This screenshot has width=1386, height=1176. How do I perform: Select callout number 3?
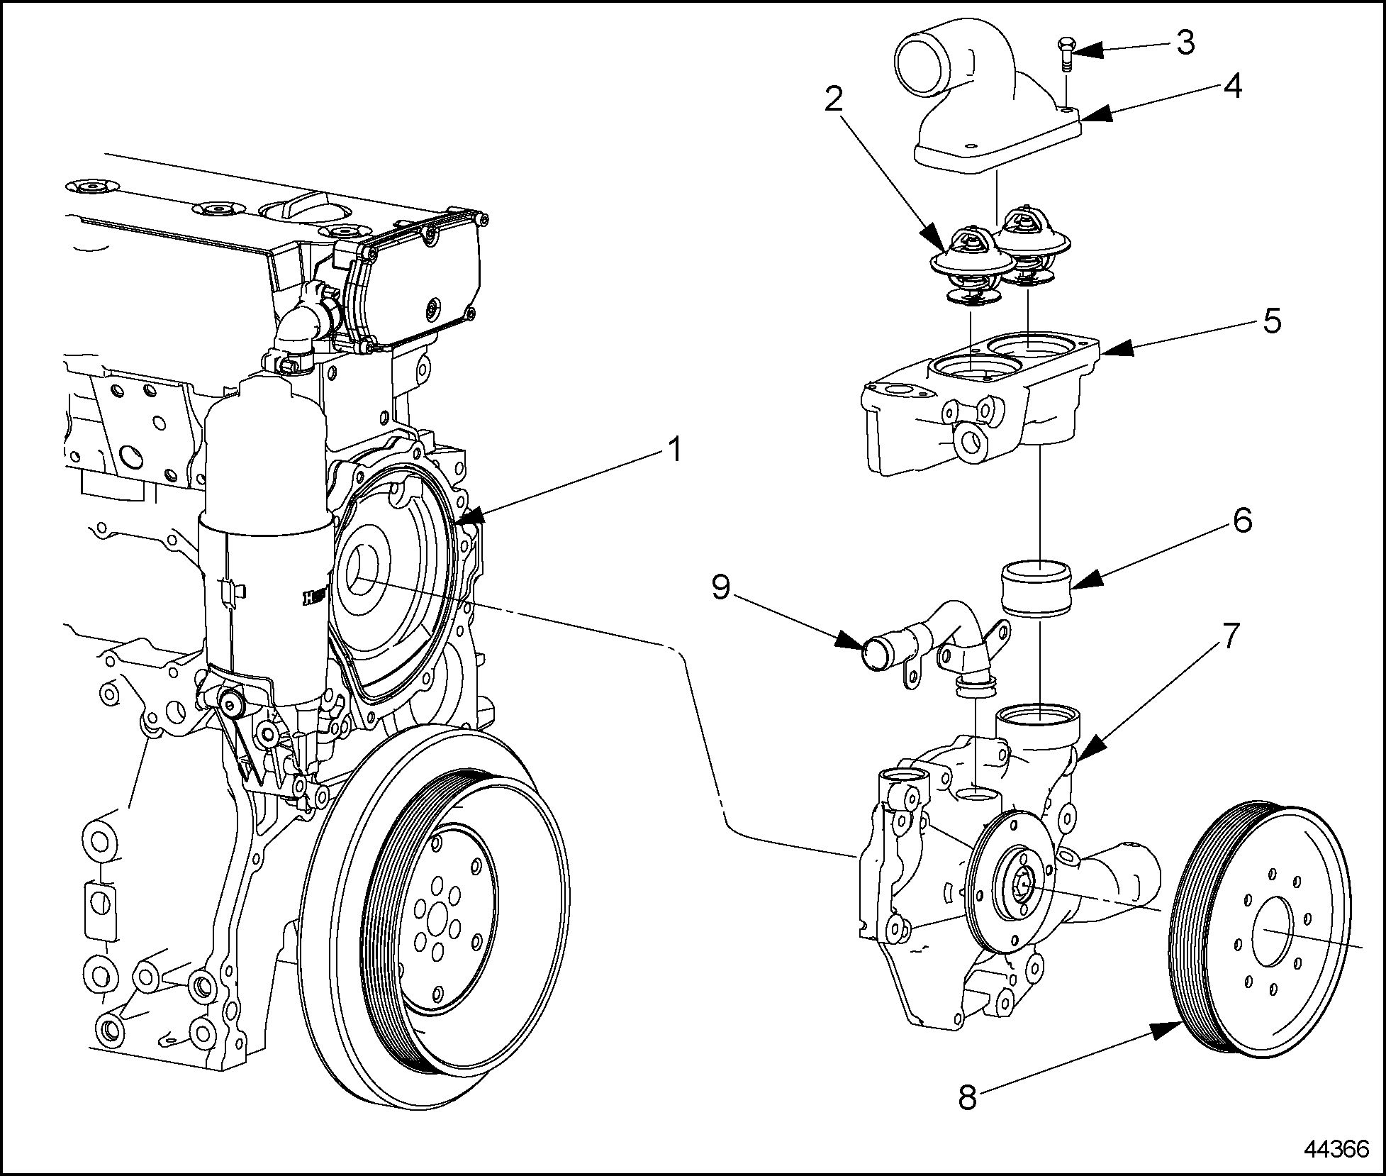click(1185, 43)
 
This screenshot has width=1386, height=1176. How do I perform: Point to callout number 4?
click(1232, 88)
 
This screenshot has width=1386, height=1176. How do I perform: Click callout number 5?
click(1272, 321)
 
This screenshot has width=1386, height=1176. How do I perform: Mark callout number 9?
click(721, 587)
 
